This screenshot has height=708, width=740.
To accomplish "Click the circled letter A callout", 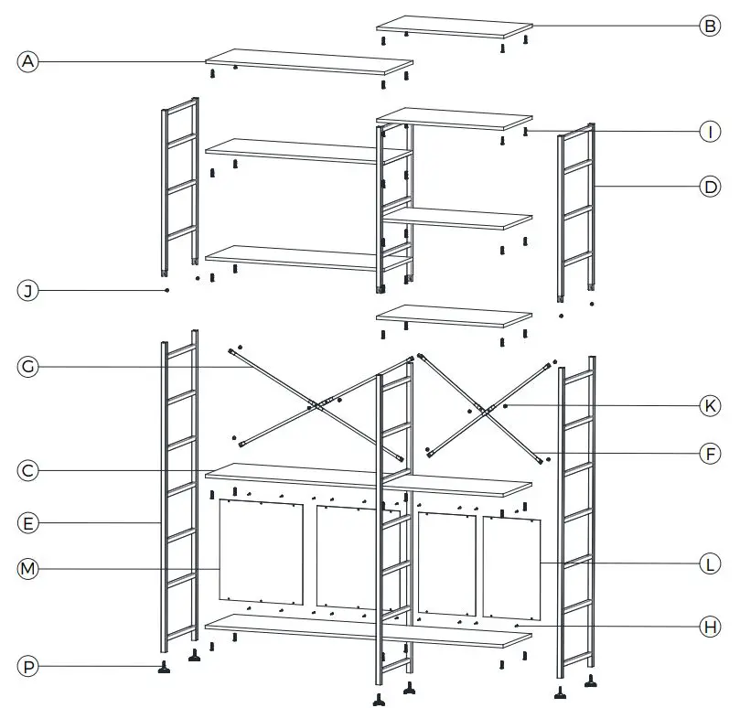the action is pyautogui.click(x=28, y=61).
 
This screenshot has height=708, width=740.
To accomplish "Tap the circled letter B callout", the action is pyautogui.click(x=710, y=26).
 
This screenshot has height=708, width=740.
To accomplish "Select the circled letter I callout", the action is pyautogui.click(x=710, y=132).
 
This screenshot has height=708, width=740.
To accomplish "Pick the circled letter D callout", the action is pyautogui.click(x=710, y=188).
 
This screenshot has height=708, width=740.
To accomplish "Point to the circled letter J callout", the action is pyautogui.click(x=28, y=291).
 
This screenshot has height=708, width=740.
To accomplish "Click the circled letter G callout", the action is pyautogui.click(x=28, y=367).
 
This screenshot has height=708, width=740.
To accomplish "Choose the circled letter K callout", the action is pyautogui.click(x=710, y=405).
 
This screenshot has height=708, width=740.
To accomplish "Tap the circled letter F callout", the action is pyautogui.click(x=710, y=452).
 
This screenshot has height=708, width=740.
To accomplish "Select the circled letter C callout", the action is pyautogui.click(x=28, y=470).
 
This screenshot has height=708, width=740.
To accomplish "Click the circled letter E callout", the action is pyautogui.click(x=28, y=523).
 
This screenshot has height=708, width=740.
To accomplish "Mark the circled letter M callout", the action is pyautogui.click(x=28, y=569).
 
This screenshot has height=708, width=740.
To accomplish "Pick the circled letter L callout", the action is pyautogui.click(x=710, y=564).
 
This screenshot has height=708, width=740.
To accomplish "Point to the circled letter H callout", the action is pyautogui.click(x=710, y=627).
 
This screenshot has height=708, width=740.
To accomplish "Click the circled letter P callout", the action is pyautogui.click(x=28, y=667).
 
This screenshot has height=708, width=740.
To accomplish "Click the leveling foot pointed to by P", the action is pyautogui.click(x=165, y=668).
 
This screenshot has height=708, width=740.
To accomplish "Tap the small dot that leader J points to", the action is pyautogui.click(x=167, y=290).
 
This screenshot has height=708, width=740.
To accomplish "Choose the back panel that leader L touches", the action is pyautogui.click(x=512, y=567).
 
